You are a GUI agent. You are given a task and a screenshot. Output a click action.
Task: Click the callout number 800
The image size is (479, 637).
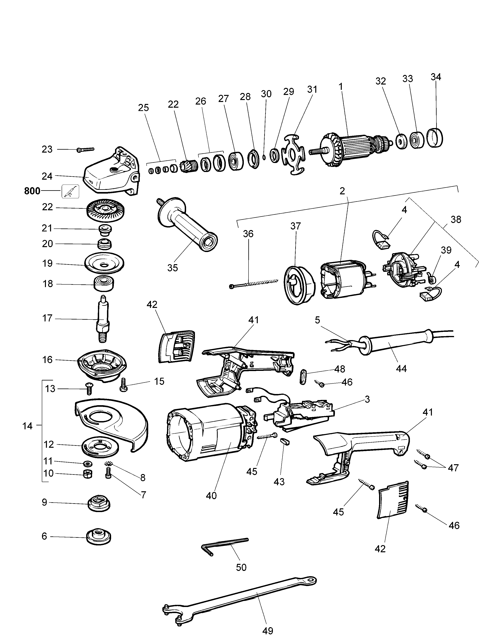(32, 191)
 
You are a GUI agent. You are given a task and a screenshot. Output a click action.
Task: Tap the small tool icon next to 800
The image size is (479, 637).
(70, 191)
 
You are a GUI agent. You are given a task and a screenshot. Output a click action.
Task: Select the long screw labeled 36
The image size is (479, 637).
(254, 283)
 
